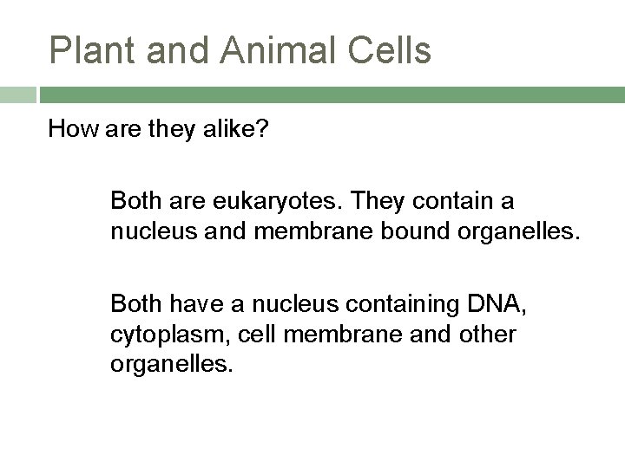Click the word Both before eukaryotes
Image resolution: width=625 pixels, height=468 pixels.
point(135,202)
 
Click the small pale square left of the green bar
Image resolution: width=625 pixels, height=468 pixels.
point(17,94)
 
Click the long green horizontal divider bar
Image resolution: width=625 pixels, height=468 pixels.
point(330,94)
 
